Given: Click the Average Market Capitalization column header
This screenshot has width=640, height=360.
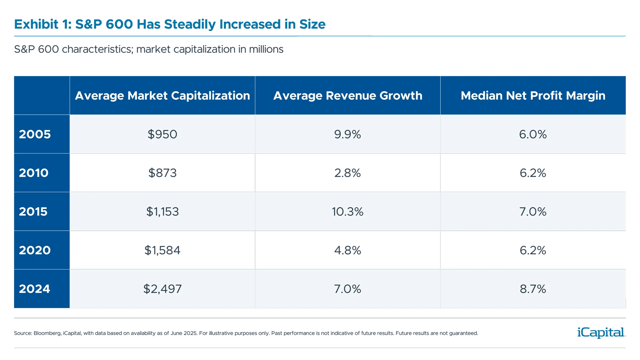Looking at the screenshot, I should [x=162, y=96].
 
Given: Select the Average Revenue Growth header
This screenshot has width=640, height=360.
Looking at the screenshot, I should [x=348, y=96].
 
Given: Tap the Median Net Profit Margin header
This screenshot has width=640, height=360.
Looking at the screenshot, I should [x=533, y=96].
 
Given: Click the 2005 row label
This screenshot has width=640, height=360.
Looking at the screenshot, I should [x=35, y=134].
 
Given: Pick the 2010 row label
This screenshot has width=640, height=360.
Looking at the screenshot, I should [x=34, y=173].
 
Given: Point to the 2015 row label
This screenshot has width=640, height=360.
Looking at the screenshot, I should [x=33, y=212].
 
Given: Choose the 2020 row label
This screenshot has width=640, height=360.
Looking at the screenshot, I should [x=35, y=250].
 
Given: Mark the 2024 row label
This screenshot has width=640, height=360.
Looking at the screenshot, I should [x=34, y=289].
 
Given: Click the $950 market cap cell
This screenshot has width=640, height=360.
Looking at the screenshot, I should [x=162, y=134].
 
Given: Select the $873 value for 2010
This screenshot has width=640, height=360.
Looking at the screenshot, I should [x=162, y=173].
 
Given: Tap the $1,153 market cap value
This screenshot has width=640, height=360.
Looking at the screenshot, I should [x=162, y=212].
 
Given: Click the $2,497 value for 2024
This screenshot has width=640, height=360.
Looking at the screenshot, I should [x=162, y=289].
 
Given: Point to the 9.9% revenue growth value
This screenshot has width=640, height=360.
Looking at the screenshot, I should [x=347, y=134].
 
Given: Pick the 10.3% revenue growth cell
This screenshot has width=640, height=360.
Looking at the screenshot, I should [x=347, y=212].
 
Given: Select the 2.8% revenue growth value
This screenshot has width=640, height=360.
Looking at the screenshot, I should [x=347, y=173].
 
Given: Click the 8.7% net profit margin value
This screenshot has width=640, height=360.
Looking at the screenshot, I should [x=533, y=289].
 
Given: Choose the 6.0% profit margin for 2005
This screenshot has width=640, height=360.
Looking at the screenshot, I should [x=533, y=134].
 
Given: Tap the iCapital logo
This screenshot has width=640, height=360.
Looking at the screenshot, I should [x=600, y=332].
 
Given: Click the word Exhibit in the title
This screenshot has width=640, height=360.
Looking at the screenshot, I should [x=36, y=24].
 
